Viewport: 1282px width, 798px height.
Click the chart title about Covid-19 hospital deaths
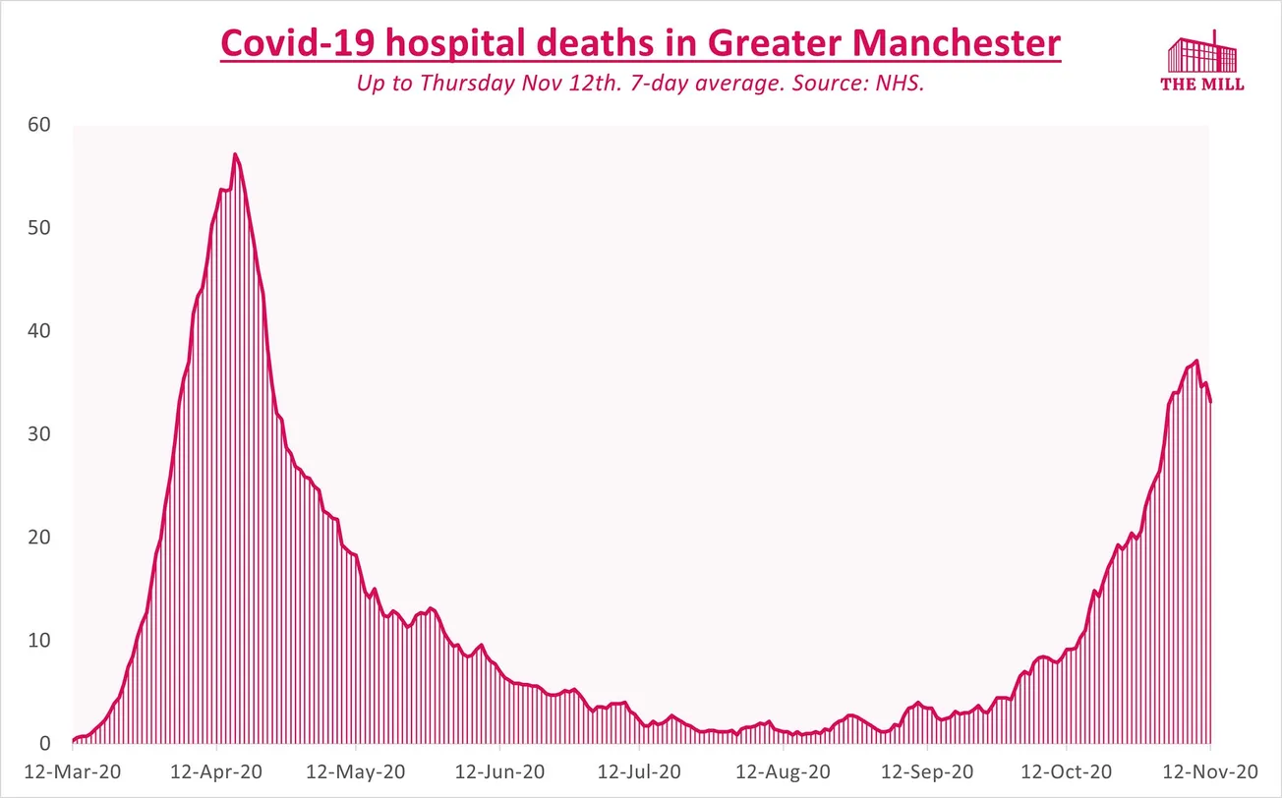[640, 44]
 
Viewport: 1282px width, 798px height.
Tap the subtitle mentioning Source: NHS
[640, 84]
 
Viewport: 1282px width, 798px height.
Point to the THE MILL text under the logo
[1202, 85]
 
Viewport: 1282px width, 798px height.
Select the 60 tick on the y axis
[39, 125]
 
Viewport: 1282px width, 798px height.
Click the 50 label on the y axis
[39, 228]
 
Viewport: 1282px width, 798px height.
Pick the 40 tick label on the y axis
[39, 331]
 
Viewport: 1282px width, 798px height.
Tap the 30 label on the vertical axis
[39, 434]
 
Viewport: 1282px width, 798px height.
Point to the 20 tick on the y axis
[39, 538]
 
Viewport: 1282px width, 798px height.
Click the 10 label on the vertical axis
[39, 641]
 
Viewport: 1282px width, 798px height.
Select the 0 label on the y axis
[45, 744]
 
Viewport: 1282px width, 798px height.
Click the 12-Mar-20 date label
[73, 771]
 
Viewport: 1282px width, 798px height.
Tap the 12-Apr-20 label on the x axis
[215, 771]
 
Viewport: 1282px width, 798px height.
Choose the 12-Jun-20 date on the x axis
[498, 771]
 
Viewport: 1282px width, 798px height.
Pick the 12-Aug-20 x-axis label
[783, 771]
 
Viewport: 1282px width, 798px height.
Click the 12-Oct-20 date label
[1067, 771]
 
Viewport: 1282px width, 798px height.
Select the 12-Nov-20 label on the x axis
[1209, 771]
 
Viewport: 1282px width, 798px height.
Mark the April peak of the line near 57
[235, 154]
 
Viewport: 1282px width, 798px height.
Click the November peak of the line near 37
[1196, 361]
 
